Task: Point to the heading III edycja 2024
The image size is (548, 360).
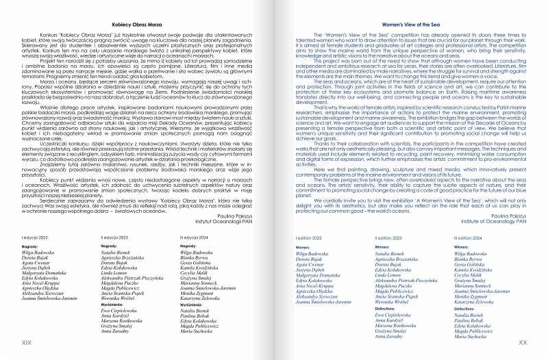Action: pyautogui.click(x=197, y=218)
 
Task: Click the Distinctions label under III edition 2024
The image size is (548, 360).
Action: pyautogui.click(x=467, y=290)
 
